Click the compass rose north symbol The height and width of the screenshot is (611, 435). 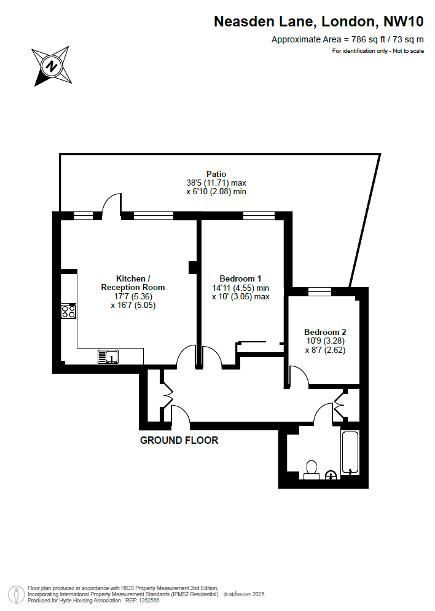click(x=52, y=66)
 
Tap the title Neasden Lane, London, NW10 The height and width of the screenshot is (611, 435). click(x=318, y=22)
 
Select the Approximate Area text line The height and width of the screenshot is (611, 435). click(x=347, y=39)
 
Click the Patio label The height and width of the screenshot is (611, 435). click(x=216, y=174)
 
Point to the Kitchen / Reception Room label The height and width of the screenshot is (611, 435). click(x=133, y=283)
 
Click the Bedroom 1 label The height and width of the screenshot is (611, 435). click(x=240, y=278)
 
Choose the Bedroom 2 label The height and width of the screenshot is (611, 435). click(x=325, y=332)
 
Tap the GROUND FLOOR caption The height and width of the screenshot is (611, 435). click(x=179, y=440)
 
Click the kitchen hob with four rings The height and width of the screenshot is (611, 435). click(x=69, y=311)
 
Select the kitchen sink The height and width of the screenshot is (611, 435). click(x=108, y=357)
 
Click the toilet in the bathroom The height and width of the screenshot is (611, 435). click(x=312, y=470)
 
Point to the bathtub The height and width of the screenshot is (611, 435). click(x=350, y=453)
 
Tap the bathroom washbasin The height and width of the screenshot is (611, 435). click(x=331, y=475)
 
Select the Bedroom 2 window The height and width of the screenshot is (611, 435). click(x=319, y=291)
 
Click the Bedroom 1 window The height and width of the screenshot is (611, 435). click(x=259, y=216)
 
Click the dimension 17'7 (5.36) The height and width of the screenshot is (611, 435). click(x=133, y=296)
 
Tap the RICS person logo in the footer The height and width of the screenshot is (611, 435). click(x=17, y=594)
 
